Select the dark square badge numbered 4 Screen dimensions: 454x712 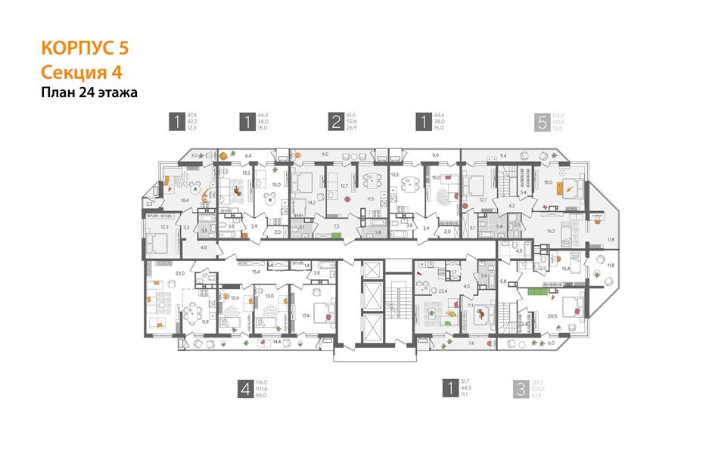(245, 389)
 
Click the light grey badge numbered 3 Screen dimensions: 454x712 (520, 389)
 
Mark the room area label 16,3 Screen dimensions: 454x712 (552, 232)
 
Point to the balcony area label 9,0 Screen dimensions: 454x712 (325, 154)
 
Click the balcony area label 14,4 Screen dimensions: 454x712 (277, 343)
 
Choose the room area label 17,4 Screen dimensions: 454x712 (306, 315)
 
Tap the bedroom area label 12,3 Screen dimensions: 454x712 (164, 226)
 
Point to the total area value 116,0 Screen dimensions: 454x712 (263, 382)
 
